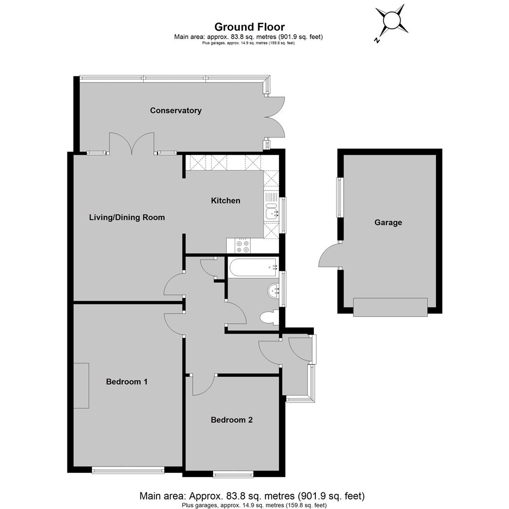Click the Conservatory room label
tap(176, 110)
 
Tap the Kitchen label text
tap(226, 201)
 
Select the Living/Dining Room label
tap(127, 217)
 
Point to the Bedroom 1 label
tap(127, 381)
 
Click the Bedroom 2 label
tap(231, 420)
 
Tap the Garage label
tap(388, 222)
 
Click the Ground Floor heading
tap(250, 26)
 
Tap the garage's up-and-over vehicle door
tap(390, 307)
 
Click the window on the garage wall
tap(339, 197)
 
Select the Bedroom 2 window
tap(233, 475)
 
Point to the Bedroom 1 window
tap(128, 470)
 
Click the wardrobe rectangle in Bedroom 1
tap(81, 386)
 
